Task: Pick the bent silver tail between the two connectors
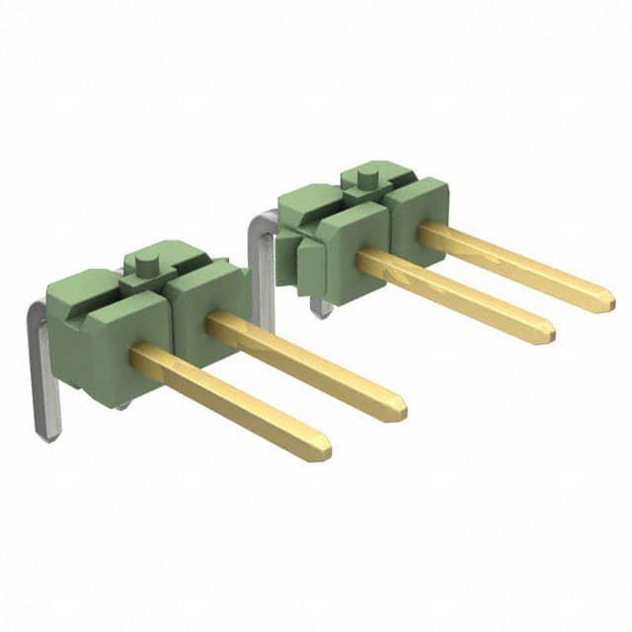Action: tap(262, 267)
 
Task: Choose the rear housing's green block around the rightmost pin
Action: tap(417, 217)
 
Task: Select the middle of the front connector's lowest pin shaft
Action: tap(229, 399)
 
